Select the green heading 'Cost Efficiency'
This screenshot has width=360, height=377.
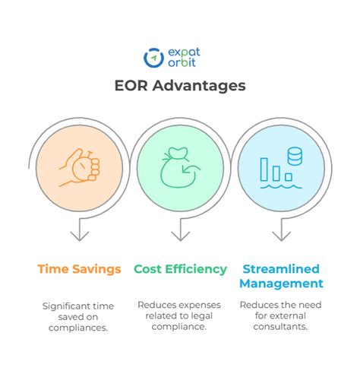180,268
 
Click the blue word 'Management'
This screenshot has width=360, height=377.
280,284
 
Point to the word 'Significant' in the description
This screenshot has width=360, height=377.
66,306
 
